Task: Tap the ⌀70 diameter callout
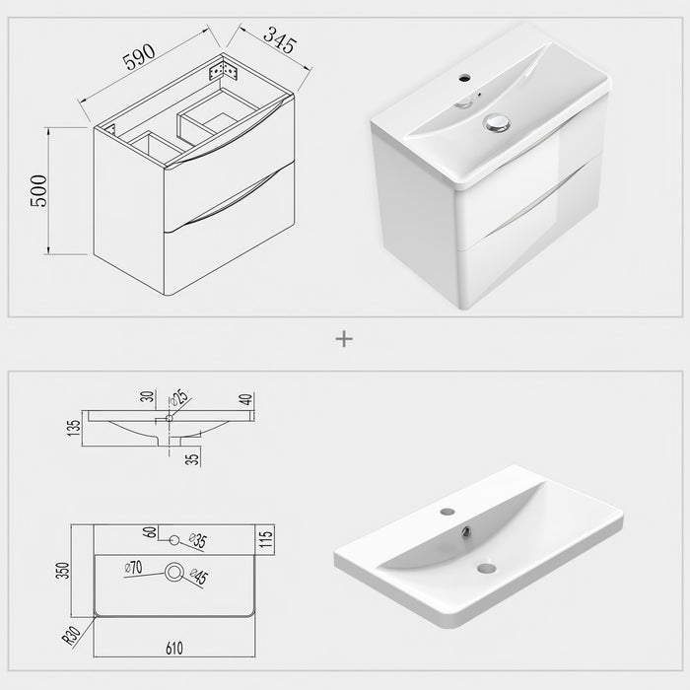(x=134, y=567)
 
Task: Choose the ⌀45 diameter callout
(x=199, y=576)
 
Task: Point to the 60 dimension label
(x=151, y=533)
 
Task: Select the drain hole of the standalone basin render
(x=486, y=567)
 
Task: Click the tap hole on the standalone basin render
(x=448, y=513)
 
